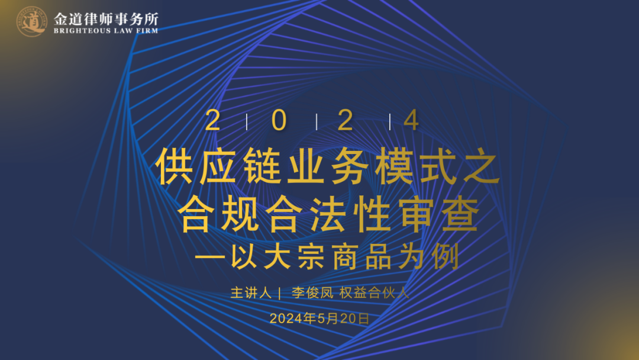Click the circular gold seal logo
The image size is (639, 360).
pyautogui.click(x=32, y=21)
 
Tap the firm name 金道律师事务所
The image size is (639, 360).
pyautogui.click(x=106, y=19)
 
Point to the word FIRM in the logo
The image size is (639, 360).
pyautogui.click(x=147, y=31)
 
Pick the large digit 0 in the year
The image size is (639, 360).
pyautogui.click(x=279, y=120)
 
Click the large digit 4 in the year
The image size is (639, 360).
pyautogui.click(x=411, y=120)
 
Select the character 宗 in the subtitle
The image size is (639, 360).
pyautogui.click(x=311, y=257)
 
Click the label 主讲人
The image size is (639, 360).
pyautogui.click(x=251, y=292)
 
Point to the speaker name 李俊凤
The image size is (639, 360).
pyautogui.click(x=312, y=292)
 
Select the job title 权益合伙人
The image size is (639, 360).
pyautogui.click(x=374, y=292)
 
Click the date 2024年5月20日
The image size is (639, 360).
pyautogui.click(x=319, y=319)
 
